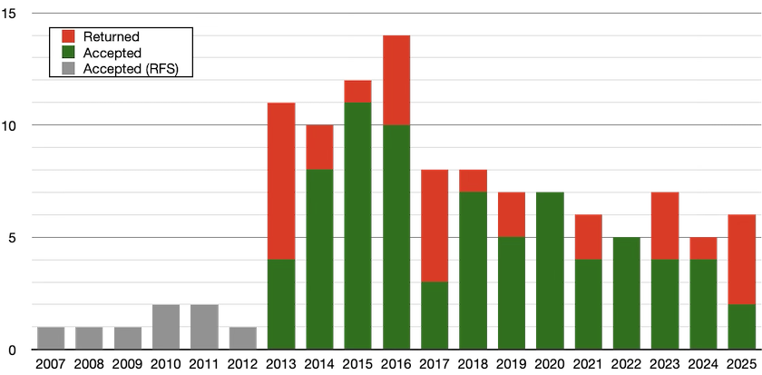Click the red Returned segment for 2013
281,181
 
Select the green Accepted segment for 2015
357,226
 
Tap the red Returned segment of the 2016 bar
396,80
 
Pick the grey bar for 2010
166,327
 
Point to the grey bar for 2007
51,338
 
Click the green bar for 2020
550,271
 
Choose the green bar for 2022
627,293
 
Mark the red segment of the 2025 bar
742,260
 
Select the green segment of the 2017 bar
435,316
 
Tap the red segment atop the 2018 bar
473,181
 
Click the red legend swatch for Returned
69,36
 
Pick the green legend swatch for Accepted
69,53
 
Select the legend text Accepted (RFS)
131,69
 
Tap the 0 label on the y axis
13,350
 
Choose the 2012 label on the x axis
243,364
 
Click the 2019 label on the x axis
512,364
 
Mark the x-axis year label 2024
703,364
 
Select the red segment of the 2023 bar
665,226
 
